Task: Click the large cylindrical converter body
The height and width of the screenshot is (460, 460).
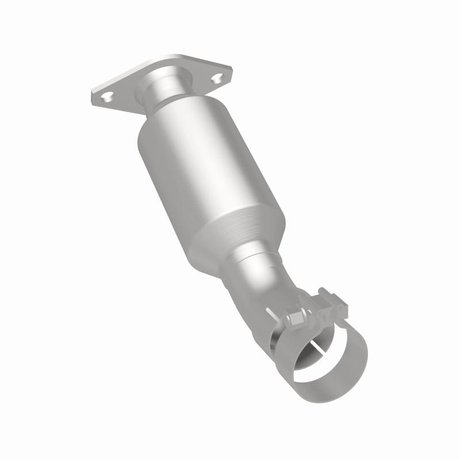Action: click(207, 167)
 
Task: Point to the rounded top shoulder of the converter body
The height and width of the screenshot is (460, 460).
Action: click(172, 115)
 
